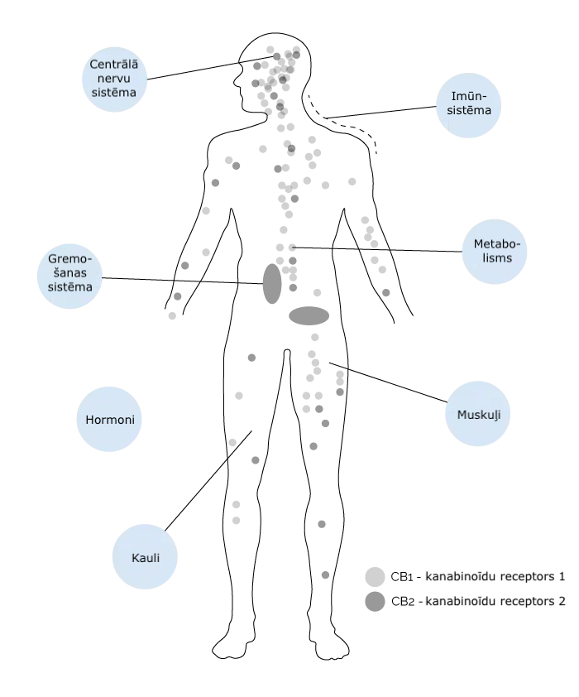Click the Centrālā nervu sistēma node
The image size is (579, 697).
(x=115, y=79)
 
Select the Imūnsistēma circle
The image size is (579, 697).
(x=469, y=105)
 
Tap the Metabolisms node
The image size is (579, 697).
(x=495, y=252)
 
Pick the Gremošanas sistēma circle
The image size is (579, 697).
(x=70, y=276)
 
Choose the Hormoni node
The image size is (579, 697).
(x=109, y=420)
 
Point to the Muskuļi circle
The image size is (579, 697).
(x=478, y=414)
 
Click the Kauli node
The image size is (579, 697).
(x=145, y=557)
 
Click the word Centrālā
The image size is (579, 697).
(x=114, y=65)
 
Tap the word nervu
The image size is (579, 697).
(x=114, y=79)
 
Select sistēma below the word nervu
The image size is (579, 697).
(x=114, y=92)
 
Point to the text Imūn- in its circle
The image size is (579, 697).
(x=467, y=97)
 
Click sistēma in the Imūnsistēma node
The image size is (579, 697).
(x=469, y=110)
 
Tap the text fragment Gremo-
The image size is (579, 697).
(x=69, y=259)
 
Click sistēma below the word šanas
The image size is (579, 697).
(x=69, y=286)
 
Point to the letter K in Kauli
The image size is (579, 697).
(x=135, y=558)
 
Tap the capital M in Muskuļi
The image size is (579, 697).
(x=462, y=414)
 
